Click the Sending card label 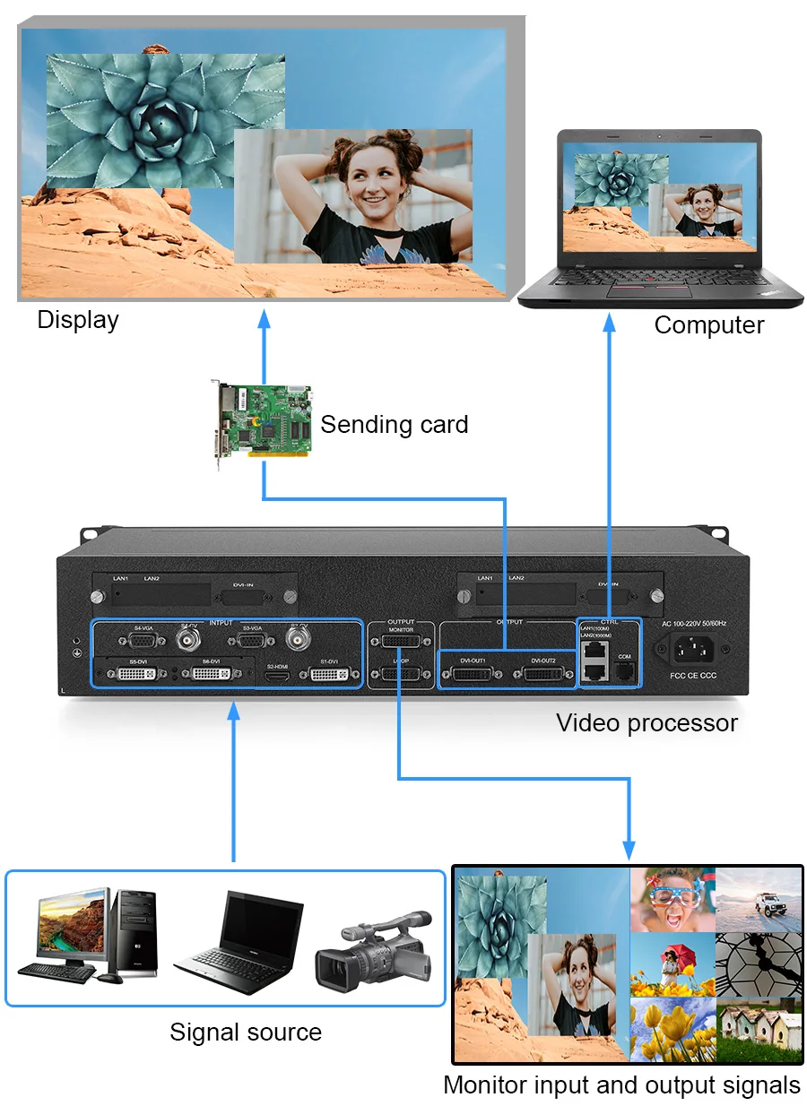(394, 424)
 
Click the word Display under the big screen (78, 320)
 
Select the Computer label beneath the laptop (708, 324)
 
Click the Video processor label (646, 723)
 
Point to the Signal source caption (246, 1032)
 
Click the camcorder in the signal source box (373, 946)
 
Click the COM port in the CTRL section (625, 670)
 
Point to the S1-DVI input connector (329, 674)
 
